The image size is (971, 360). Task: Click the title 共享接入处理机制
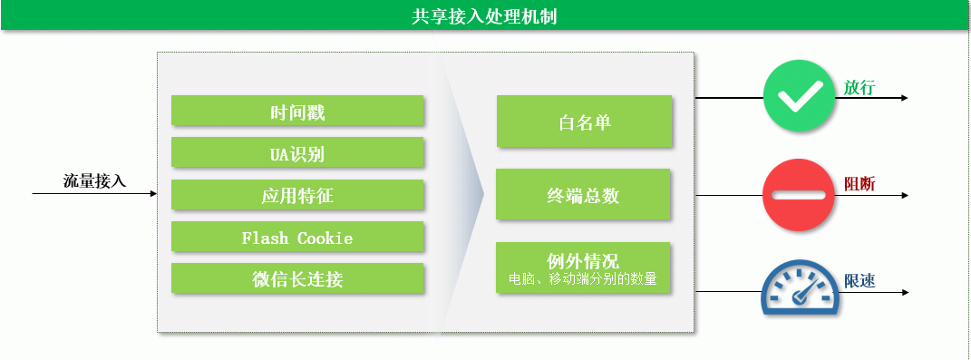(x=484, y=16)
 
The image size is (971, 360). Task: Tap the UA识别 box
(x=297, y=152)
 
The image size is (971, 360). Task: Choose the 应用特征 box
(x=297, y=195)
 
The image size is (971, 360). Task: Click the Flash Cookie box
(x=297, y=237)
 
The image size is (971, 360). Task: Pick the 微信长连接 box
(x=297, y=278)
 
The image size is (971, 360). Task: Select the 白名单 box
(x=584, y=121)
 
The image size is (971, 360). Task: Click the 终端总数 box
(x=583, y=194)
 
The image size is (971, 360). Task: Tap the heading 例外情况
(x=583, y=261)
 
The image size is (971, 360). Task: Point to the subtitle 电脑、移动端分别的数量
(x=583, y=279)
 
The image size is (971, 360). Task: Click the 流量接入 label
(x=95, y=181)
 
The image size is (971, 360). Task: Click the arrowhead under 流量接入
(x=153, y=194)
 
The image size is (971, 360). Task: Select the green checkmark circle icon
(x=799, y=96)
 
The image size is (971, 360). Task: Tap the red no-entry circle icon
(x=799, y=195)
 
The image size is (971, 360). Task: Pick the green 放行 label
(x=859, y=87)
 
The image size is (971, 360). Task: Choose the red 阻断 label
(x=859, y=184)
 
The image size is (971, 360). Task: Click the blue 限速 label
(x=859, y=281)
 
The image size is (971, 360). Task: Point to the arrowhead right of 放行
(x=905, y=98)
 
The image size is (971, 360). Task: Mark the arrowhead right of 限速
(x=905, y=293)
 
